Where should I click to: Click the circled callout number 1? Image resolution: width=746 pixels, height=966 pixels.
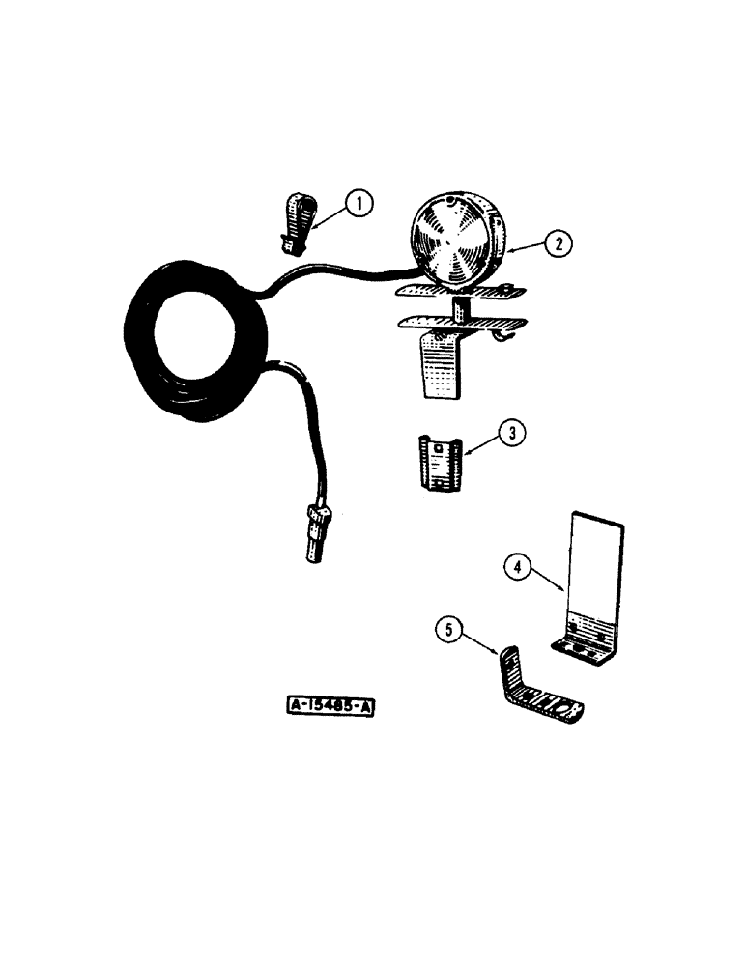coord(359,203)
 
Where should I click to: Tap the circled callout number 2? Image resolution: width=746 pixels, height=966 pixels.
coord(558,244)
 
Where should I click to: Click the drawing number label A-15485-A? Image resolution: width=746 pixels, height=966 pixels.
coord(330,708)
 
